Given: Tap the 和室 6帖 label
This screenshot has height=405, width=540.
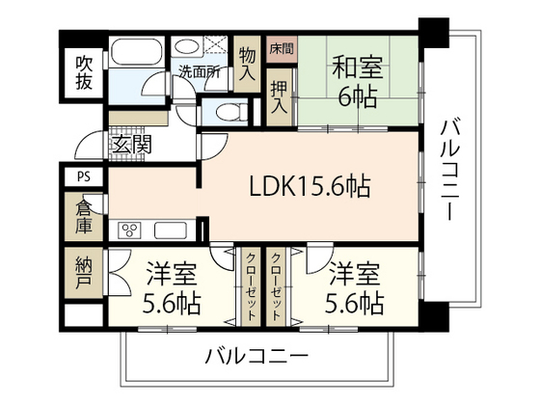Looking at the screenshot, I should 358,82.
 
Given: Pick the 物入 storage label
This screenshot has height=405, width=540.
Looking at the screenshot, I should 247,65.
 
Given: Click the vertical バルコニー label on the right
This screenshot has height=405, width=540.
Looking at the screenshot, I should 450,170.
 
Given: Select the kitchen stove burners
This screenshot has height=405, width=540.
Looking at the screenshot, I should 128,229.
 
